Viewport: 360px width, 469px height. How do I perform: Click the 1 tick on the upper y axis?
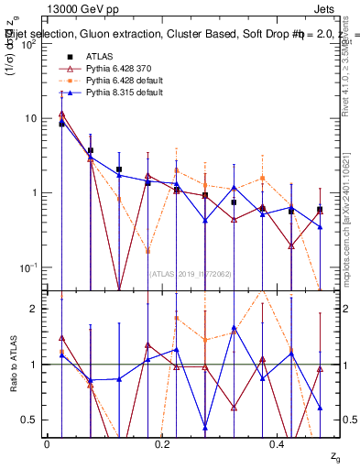(35, 192)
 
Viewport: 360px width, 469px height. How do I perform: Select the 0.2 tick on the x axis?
(162, 443)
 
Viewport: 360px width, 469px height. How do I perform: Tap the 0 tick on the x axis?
(47, 443)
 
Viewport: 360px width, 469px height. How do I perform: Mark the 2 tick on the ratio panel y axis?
(35, 309)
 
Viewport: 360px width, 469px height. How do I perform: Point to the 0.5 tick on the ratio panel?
(30, 420)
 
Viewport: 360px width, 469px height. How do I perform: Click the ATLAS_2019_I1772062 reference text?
(190, 273)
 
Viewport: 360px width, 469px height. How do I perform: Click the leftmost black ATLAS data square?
(61, 123)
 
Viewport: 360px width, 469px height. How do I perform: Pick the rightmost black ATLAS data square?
(320, 209)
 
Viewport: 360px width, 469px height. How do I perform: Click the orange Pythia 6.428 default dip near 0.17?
(148, 250)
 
